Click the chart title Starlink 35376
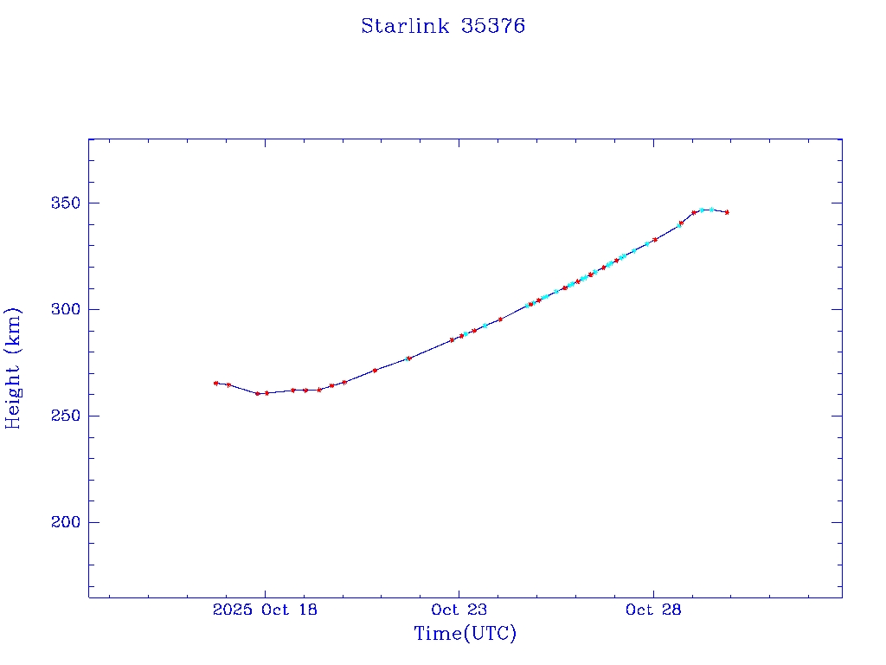point(443,26)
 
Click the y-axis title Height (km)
point(13,368)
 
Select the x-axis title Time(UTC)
point(465,634)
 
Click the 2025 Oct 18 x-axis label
point(265,610)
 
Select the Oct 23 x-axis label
point(459,610)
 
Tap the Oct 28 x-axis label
point(653,610)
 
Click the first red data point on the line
point(215,383)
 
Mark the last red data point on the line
point(727,212)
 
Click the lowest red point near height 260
point(258,393)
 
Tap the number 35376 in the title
point(493,26)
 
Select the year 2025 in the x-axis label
point(231,610)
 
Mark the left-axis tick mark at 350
point(93,203)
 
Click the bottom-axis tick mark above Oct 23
point(459,593)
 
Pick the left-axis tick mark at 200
point(93,522)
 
